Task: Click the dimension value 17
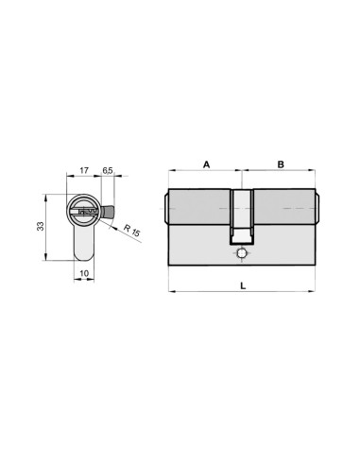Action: coord(85,170)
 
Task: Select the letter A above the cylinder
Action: coord(206,164)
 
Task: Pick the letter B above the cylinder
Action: coord(281,164)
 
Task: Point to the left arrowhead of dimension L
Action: coord(170,289)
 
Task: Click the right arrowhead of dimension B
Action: coord(316,172)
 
